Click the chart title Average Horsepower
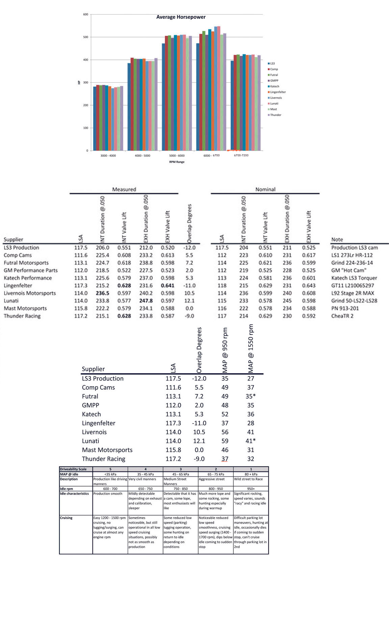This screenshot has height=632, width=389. coord(181,17)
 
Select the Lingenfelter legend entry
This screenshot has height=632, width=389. coord(278,92)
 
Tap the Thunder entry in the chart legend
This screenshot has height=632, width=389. coord(275,115)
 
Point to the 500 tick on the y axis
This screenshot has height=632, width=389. coord(85,37)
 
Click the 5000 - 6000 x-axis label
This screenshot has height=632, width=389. coord(177,156)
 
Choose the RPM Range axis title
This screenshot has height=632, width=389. coord(177,162)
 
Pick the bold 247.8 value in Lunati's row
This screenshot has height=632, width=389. coord(146,301)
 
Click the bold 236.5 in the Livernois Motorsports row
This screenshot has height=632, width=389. coord(102,293)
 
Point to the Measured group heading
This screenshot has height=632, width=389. coord(124,189)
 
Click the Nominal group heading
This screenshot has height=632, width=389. coord(265,189)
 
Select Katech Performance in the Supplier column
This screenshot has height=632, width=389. coord(28,278)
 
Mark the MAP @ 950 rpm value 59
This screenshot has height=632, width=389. coord(225,441)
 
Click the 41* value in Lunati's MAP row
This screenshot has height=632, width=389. coord(251,441)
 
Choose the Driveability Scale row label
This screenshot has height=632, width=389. coord(73,469)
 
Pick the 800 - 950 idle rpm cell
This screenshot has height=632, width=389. coord(215,489)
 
